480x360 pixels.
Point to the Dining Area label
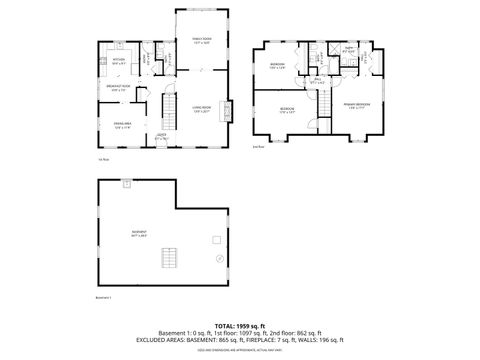point(122,126)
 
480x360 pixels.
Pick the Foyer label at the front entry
point(161,137)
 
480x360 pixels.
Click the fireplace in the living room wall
point(230,111)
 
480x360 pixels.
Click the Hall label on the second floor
point(317,81)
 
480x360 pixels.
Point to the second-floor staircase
point(325,101)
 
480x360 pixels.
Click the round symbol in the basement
point(216,239)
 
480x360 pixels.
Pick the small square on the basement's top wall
point(127,183)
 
